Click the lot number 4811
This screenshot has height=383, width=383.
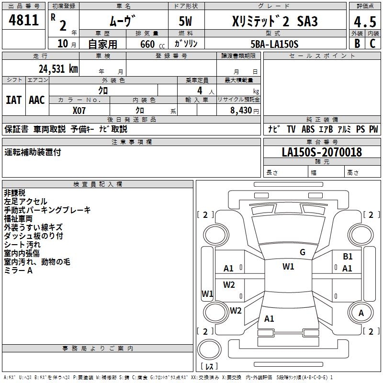pyautogui.click(x=24, y=20)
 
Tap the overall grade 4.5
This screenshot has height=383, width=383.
pyautogui.click(x=364, y=22)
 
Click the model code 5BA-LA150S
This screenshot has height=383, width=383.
pyautogui.click(x=274, y=44)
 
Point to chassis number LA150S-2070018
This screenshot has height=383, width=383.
pyautogui.click(x=322, y=153)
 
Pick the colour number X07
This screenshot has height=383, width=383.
pyautogui.click(x=79, y=110)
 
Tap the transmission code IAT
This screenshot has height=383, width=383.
pyautogui.click(x=13, y=100)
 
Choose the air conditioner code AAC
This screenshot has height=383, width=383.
pyautogui.click(x=36, y=100)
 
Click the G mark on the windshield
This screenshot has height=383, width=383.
pyautogui.click(x=302, y=252)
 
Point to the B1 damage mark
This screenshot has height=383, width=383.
pyautogui.click(x=348, y=257)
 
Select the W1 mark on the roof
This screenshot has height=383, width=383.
pyautogui.click(x=288, y=267)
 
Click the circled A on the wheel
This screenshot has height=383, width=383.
pyautogui.click(x=361, y=313)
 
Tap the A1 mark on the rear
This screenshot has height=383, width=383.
pyautogui.click(x=269, y=318)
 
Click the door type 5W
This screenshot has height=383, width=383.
pyautogui.click(x=185, y=22)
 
